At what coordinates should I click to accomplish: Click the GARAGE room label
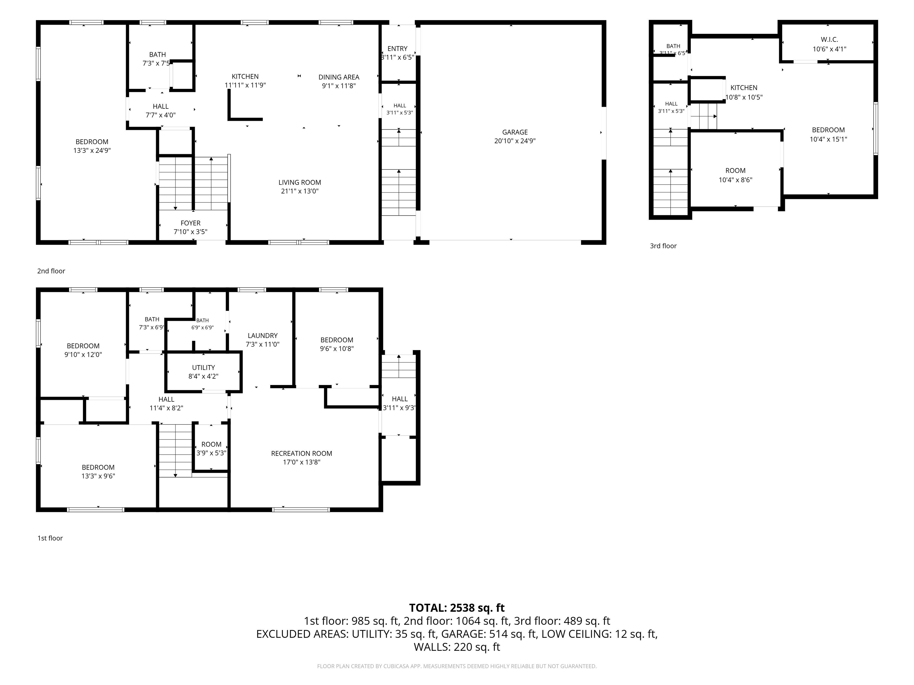(x=515, y=132)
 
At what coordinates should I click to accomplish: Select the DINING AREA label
(x=339, y=77)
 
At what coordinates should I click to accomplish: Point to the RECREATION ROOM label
(x=302, y=453)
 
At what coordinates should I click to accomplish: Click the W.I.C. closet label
(x=829, y=40)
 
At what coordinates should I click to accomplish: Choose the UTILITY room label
(x=203, y=367)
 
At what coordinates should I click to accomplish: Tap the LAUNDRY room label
(x=262, y=336)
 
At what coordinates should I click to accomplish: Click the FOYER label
(x=190, y=223)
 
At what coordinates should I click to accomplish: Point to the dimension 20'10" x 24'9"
(x=515, y=141)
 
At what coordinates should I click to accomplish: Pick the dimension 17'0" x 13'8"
(x=302, y=462)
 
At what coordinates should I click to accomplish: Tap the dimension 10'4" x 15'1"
(x=829, y=139)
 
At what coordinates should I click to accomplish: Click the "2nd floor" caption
(x=51, y=271)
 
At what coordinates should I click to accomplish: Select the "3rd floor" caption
(x=663, y=246)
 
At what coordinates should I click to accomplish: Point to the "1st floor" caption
(x=50, y=538)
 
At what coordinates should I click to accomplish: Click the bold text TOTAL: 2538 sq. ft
(x=457, y=608)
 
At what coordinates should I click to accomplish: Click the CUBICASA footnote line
(x=457, y=666)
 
